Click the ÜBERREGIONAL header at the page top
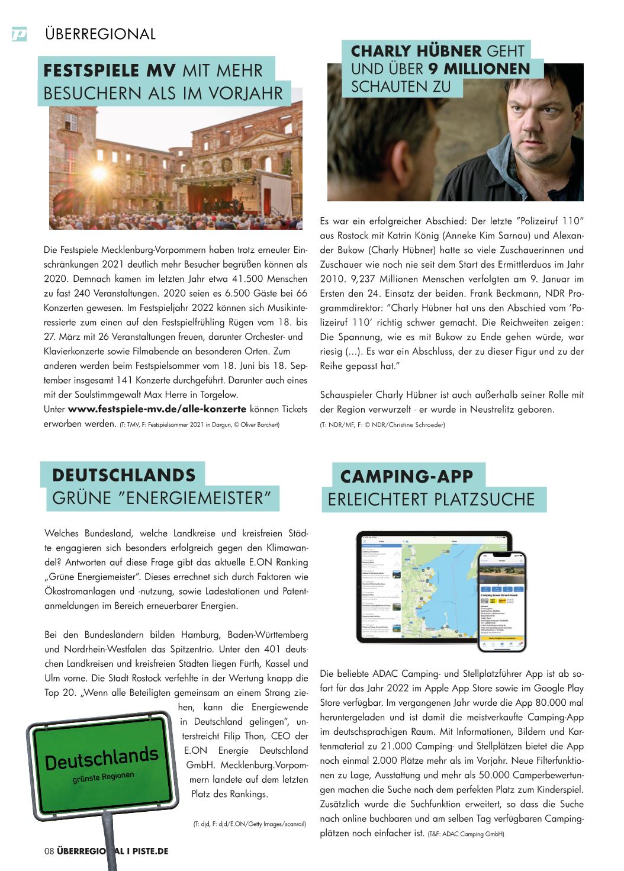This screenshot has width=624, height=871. click(x=100, y=34)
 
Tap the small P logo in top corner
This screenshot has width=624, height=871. click(x=20, y=34)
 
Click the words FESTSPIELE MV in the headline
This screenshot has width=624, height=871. click(x=110, y=70)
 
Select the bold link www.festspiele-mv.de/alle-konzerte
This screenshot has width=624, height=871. click(x=157, y=409)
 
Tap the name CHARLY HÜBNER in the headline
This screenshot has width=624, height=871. click(x=416, y=51)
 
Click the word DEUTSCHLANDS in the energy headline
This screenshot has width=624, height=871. click(x=124, y=475)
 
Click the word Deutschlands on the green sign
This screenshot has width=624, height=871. click(x=102, y=758)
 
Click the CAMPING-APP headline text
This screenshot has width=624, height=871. click(x=407, y=476)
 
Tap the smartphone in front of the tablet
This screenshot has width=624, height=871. click(x=502, y=600)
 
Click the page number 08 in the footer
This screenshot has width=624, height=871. click(x=49, y=851)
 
